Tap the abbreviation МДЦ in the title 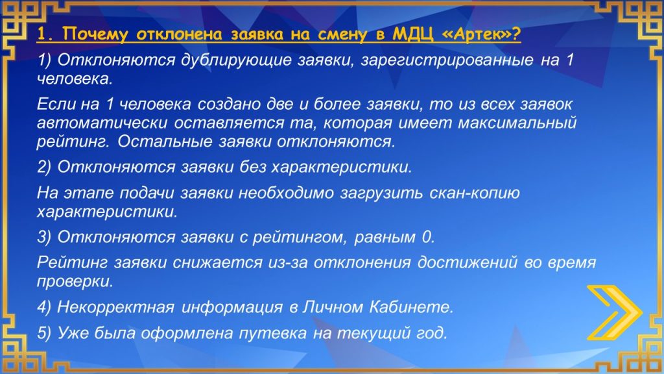click(x=413, y=34)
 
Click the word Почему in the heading click(x=95, y=34)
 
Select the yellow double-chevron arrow click(x=615, y=313)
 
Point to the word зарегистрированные click(x=447, y=60)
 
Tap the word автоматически click(x=102, y=123)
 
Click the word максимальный click(x=517, y=123)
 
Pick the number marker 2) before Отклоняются click(x=44, y=167)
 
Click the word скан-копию click(x=474, y=193)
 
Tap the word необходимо click(x=286, y=193)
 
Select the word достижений click(x=467, y=263)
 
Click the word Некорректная click(x=115, y=307)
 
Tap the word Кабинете click(x=411, y=307)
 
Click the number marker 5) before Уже click(x=44, y=333)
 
